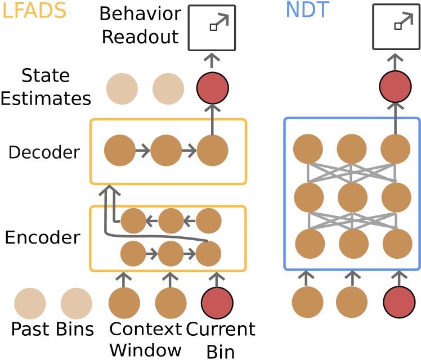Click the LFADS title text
tap(34, 11)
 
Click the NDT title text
tap(307, 10)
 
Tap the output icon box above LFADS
tap(212, 28)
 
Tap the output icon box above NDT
tap(396, 26)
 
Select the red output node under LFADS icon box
tap(213, 88)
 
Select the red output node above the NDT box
tap(395, 87)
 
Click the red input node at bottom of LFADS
tap(217, 303)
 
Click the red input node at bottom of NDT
tap(399, 302)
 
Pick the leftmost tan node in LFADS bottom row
tap(30, 303)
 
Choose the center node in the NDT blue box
tap(352, 197)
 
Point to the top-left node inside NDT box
tap(308, 149)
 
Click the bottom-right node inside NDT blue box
tap(397, 244)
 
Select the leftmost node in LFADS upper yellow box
tap(120, 150)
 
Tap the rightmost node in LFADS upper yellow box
tap(212, 150)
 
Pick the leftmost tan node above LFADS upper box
tap(122, 89)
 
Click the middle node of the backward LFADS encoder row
tap(171, 221)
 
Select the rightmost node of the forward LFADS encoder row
tap(208, 254)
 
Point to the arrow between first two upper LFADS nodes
tap(143, 151)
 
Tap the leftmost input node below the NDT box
tap(307, 302)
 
